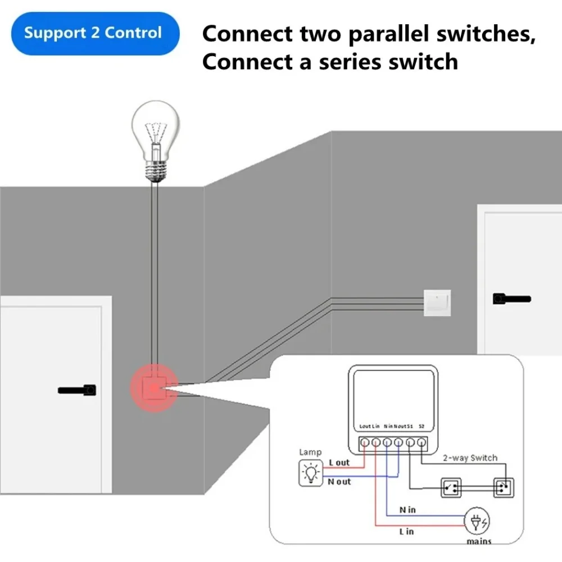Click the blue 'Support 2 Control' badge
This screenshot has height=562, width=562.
[x=93, y=33]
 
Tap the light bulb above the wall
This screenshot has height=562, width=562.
[x=155, y=140]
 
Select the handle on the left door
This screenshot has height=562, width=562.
[x=77, y=389]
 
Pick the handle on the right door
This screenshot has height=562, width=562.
[x=511, y=299]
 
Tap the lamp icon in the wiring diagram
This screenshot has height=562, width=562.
[x=310, y=473]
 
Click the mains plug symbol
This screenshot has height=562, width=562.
[x=476, y=522]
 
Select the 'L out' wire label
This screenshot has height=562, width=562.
[x=339, y=463]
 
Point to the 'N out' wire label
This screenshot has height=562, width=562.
[x=339, y=482]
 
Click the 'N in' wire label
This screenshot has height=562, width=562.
[x=407, y=509]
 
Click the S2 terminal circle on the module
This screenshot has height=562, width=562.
[x=421, y=443]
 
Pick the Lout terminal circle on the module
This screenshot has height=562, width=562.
[x=365, y=443]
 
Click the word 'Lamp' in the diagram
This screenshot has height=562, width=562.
[x=310, y=452]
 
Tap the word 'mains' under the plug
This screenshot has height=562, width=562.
[x=478, y=541]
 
